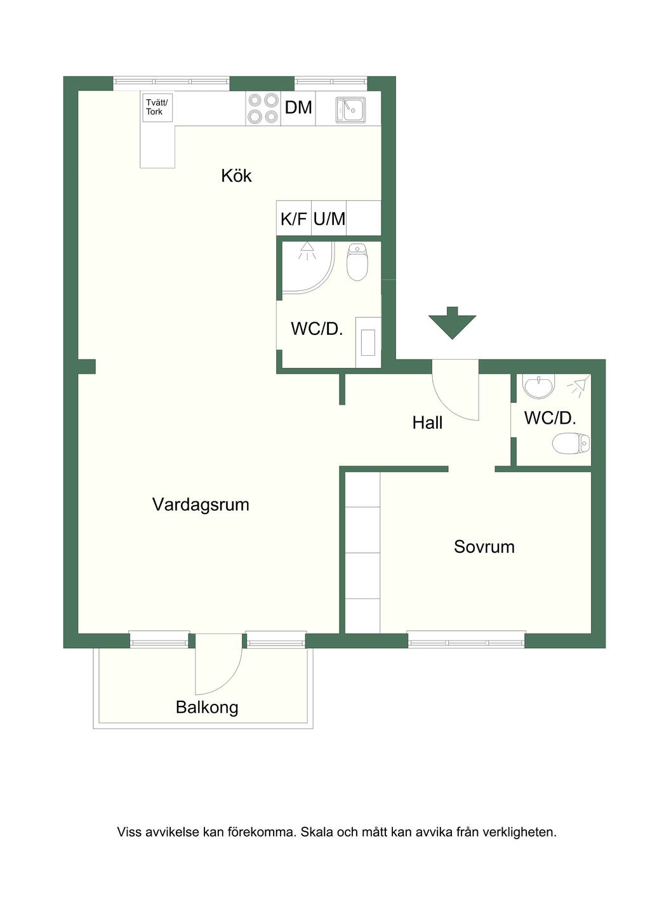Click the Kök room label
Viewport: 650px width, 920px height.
(x=236, y=176)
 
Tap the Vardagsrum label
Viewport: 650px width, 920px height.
(x=201, y=504)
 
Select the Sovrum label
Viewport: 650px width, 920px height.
(x=484, y=547)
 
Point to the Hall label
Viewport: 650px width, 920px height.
(x=427, y=423)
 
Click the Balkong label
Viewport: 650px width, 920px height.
(x=207, y=708)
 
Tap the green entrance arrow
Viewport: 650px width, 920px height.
(x=452, y=323)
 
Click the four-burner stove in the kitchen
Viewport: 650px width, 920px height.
(x=263, y=109)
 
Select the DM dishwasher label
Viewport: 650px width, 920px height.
(x=298, y=107)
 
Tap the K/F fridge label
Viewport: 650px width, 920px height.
(x=293, y=219)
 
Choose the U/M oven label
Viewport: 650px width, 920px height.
(x=329, y=219)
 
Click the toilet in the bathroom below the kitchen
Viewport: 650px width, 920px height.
(x=357, y=262)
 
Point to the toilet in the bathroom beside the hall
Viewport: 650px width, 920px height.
(x=571, y=444)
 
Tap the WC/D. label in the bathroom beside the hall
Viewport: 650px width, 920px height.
(x=550, y=418)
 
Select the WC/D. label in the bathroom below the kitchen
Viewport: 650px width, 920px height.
(x=317, y=329)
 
